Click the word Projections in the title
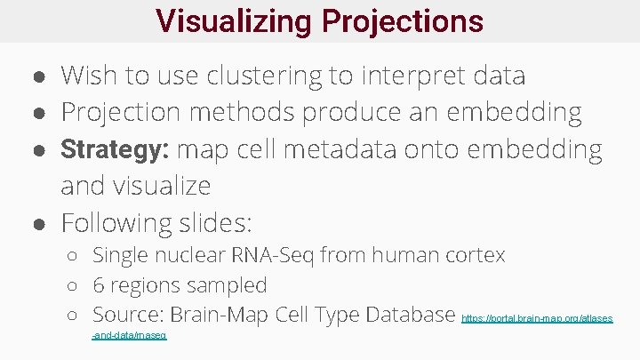[x=405, y=20]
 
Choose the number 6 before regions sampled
[x=99, y=286]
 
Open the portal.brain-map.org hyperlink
[x=537, y=318]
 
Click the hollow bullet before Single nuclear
[x=73, y=257]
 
